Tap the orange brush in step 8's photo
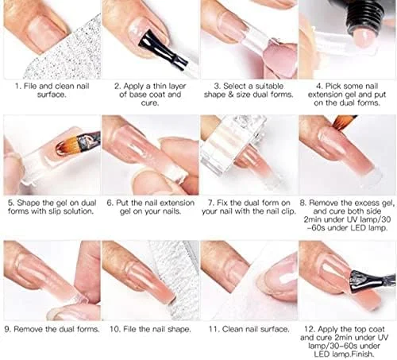(344, 122)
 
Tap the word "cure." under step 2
(150, 103)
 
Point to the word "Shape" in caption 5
(29, 203)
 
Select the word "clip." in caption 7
(288, 211)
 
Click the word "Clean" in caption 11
(233, 329)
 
